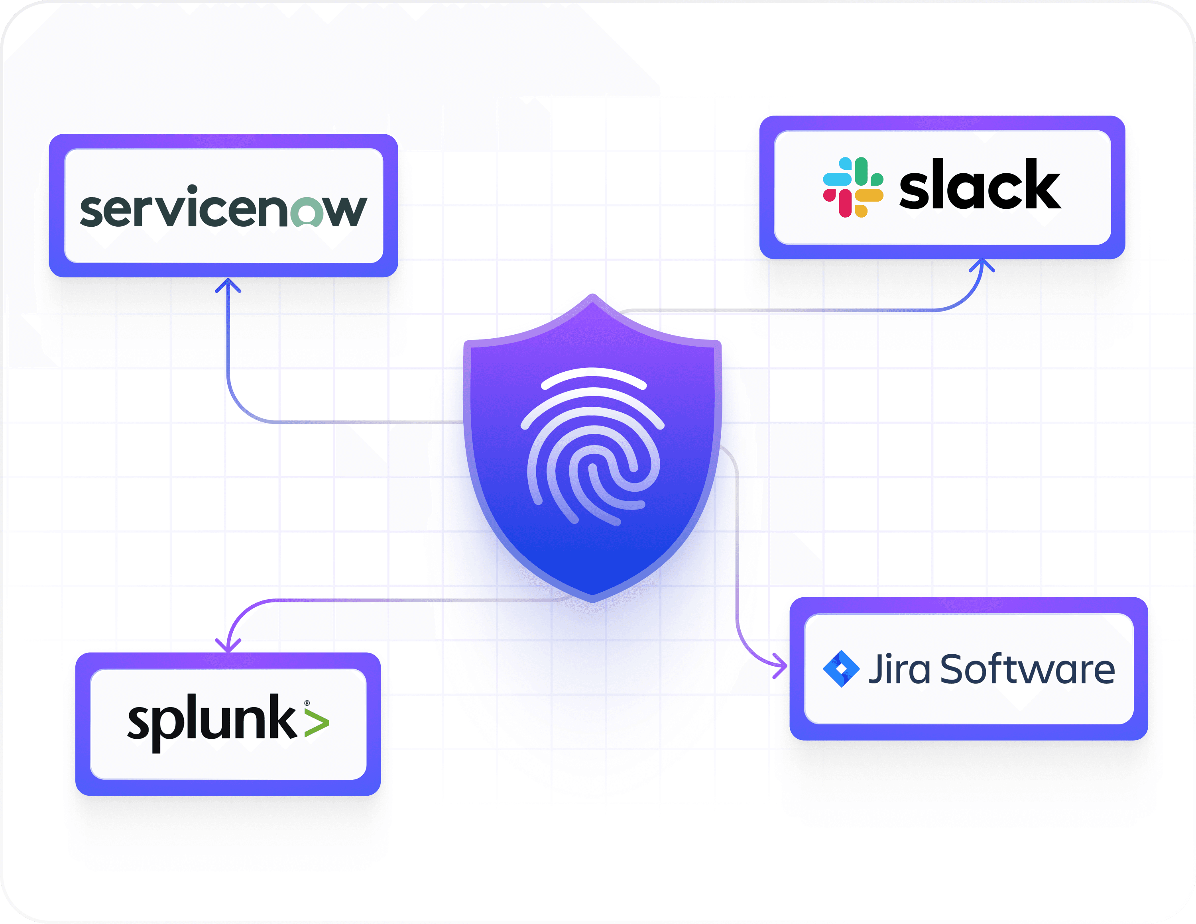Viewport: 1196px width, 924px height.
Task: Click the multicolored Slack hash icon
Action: [x=853, y=187]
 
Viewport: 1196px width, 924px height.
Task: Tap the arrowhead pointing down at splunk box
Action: [x=228, y=646]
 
